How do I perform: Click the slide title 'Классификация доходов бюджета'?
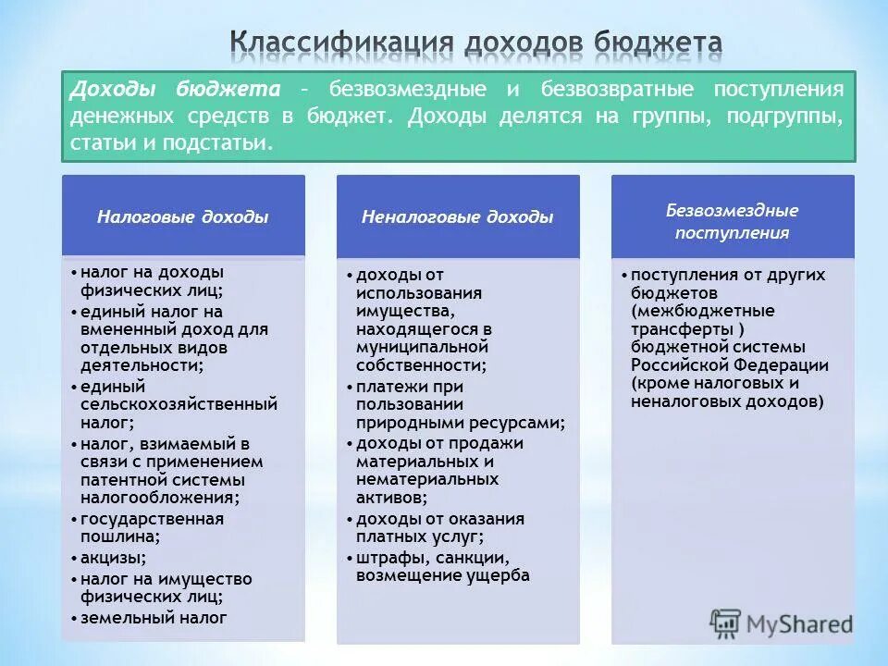click(475, 43)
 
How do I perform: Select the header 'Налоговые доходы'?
click(183, 217)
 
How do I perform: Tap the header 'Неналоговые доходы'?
click(457, 217)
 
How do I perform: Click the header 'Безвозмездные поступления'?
click(732, 221)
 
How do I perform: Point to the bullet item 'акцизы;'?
click(113, 558)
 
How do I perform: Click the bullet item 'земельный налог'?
click(154, 618)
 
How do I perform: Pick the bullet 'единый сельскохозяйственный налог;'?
click(176, 404)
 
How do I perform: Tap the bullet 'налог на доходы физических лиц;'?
click(152, 280)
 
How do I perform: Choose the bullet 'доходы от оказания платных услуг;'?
click(440, 527)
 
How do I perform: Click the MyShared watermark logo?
click(782, 623)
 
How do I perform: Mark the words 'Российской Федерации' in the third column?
click(730, 365)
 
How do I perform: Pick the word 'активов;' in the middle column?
click(391, 498)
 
